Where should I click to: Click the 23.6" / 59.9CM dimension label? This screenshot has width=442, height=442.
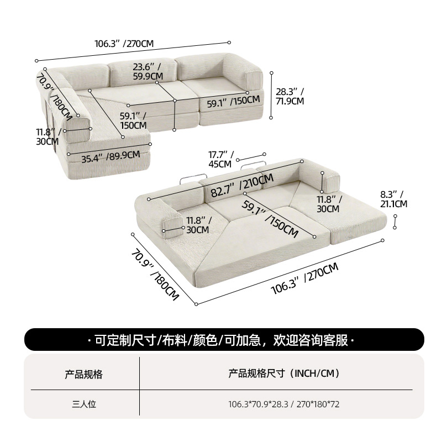pyautogui.click(x=148, y=72)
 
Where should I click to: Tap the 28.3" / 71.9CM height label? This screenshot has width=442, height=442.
pyautogui.click(x=290, y=96)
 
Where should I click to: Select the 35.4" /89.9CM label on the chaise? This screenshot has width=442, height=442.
pyautogui.click(x=110, y=157)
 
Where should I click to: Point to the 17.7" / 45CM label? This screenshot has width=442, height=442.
pyautogui.click(x=221, y=159)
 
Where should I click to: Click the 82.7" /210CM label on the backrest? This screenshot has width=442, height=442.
pyautogui.click(x=242, y=185)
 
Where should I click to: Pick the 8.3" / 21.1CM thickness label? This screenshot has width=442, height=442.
pyautogui.click(x=393, y=199)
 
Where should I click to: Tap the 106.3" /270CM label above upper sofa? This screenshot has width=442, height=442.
pyautogui.click(x=124, y=44)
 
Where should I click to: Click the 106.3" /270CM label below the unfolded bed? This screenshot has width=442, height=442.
pyautogui.click(x=304, y=278)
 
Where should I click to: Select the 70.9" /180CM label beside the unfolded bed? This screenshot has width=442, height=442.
pyautogui.click(x=155, y=275)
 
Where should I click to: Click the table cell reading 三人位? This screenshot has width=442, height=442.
pyautogui.click(x=84, y=404)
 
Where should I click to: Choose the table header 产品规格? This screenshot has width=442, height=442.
pyautogui.click(x=84, y=375)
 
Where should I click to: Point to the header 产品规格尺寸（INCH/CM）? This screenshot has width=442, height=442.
pyautogui.click(x=284, y=373)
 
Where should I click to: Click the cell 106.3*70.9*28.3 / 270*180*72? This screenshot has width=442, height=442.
pyautogui.click(x=284, y=404)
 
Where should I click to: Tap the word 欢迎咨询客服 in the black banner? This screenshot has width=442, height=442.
pyautogui.click(x=311, y=340)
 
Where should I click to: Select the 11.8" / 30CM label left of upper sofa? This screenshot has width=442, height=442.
pyautogui.click(x=48, y=136)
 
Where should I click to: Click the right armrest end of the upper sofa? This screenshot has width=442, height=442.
pyautogui.click(x=254, y=81)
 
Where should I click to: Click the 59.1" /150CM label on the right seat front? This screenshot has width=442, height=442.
pyautogui.click(x=233, y=102)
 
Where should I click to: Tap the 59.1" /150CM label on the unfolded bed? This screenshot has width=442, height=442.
pyautogui.click(x=270, y=219)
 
